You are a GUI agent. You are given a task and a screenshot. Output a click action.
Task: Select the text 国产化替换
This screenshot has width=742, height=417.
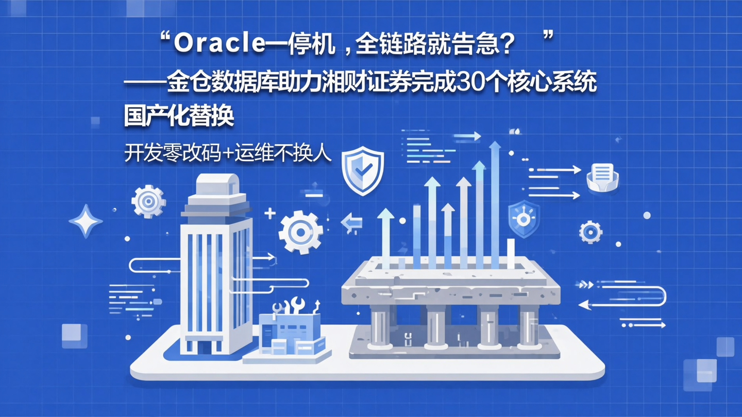tap(179, 116)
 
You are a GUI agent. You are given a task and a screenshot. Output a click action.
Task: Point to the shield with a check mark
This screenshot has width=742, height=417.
tap(363, 170)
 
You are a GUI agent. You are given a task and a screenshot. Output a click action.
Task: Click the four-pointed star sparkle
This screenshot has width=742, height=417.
tap(86, 221)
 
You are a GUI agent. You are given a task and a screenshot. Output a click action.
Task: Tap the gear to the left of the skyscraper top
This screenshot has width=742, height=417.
tap(148, 201)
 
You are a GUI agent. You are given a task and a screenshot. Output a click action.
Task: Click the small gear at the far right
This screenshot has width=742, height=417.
tap(591, 232)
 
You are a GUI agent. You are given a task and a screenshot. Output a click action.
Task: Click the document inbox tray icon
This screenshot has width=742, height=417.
tap(602, 176)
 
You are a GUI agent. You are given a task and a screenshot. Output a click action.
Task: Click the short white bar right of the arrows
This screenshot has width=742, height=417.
tap(511, 253)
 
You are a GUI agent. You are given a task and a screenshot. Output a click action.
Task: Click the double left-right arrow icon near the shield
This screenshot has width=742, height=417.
tap(352, 223)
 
